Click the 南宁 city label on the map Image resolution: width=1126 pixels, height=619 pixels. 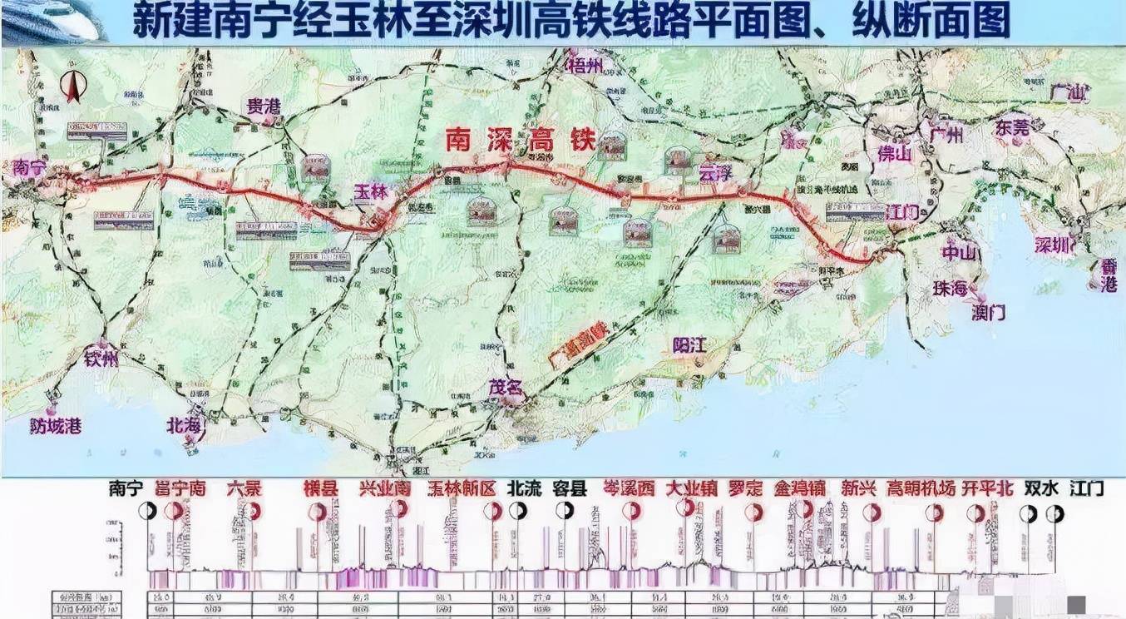[30, 166]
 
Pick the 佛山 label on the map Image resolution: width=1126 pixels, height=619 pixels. [895, 154]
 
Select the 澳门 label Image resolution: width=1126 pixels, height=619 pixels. [989, 312]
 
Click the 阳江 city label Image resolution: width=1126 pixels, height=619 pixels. [690, 345]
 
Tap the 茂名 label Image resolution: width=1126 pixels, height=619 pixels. [506, 387]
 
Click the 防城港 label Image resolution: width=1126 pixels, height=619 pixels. [54, 426]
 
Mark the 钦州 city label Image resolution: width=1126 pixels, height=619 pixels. [101, 359]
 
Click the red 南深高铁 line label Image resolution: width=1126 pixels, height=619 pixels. [518, 139]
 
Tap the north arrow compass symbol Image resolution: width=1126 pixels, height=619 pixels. [72, 87]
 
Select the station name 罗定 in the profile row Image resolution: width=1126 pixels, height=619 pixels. [744, 488]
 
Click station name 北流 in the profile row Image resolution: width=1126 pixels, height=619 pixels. [525, 488]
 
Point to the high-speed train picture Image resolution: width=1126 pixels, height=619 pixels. [54, 21]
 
